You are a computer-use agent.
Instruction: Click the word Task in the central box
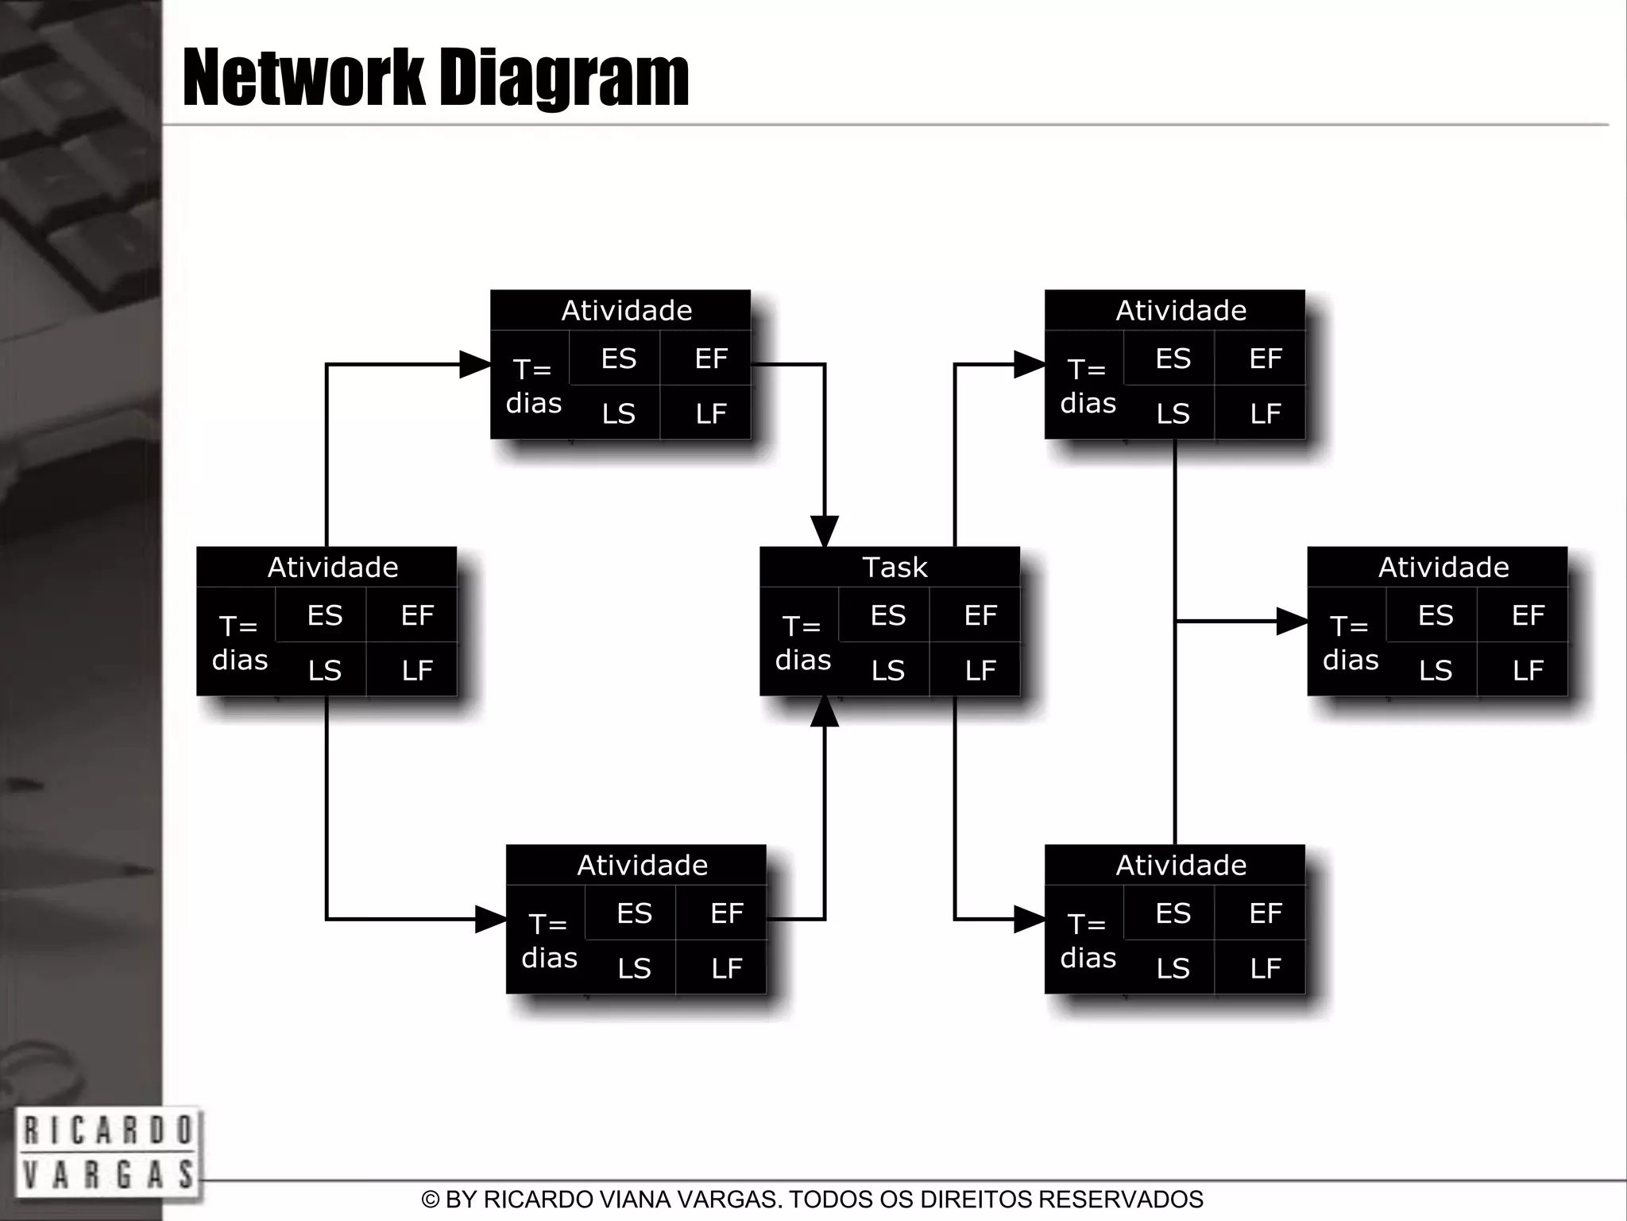tap(895, 568)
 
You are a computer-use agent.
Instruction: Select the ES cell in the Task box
tap(887, 615)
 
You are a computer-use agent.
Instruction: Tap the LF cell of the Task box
tap(980, 671)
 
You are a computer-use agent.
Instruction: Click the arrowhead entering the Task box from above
tap(825, 531)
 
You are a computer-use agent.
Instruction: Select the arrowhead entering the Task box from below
tap(825, 711)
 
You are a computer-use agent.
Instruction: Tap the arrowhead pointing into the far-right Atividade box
tap(1292, 621)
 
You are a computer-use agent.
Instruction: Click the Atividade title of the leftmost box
tap(333, 568)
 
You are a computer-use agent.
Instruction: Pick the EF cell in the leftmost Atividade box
tap(417, 615)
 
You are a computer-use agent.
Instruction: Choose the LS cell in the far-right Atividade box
tap(1436, 671)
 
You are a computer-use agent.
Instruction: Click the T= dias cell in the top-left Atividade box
tap(533, 386)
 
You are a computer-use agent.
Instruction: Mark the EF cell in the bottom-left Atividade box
tap(727, 913)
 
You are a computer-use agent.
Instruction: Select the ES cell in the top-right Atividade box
tap(1173, 359)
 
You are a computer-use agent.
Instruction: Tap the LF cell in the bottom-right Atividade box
tap(1266, 968)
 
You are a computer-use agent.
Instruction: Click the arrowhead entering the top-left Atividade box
tap(475, 365)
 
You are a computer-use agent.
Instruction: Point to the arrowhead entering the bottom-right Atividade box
tap(1030, 920)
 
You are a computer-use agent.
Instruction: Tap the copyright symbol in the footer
tap(431, 1200)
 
